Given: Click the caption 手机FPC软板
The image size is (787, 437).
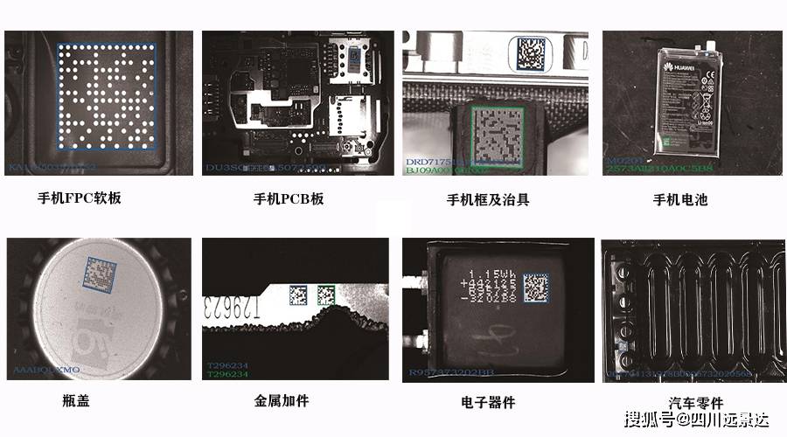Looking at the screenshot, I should (79, 198).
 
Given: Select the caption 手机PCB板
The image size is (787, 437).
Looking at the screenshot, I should (289, 198).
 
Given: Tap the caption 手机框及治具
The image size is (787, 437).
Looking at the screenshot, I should (488, 199).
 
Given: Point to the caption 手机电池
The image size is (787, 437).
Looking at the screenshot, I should (680, 199).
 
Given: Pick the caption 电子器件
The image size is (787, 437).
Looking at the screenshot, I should (488, 402).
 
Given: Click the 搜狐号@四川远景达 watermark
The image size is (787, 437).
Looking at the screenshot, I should (696, 420).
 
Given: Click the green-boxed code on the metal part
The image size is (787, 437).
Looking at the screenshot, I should (327, 295).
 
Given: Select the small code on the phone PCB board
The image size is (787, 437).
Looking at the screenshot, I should (354, 55).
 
